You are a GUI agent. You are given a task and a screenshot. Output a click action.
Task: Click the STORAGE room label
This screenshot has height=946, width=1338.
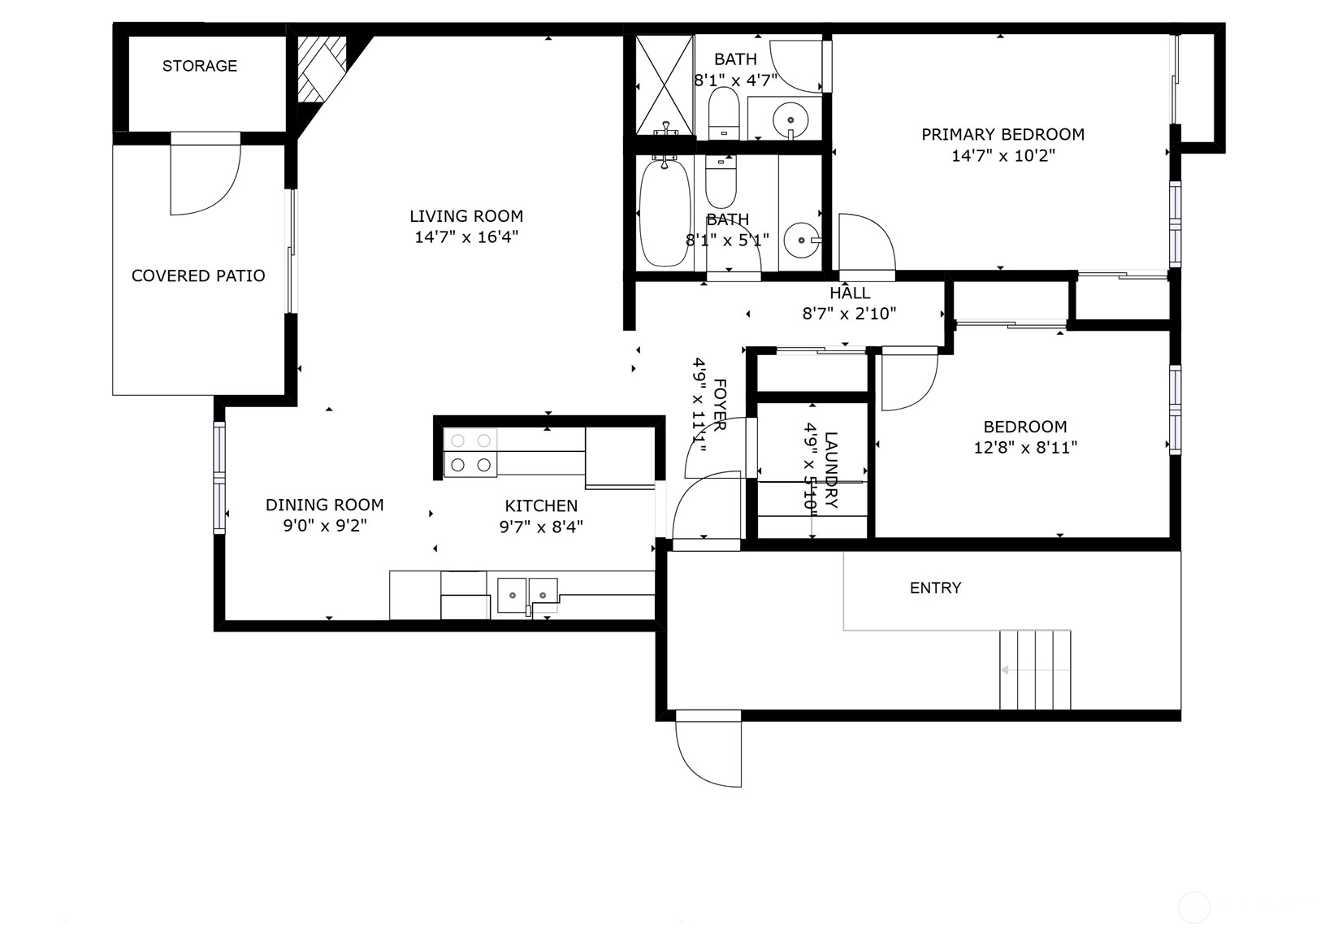click(x=200, y=66)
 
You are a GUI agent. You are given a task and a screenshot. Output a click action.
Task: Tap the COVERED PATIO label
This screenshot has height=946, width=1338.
click(x=198, y=276)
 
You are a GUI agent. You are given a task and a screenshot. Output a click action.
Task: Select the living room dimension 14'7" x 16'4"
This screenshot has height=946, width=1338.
click(x=466, y=237)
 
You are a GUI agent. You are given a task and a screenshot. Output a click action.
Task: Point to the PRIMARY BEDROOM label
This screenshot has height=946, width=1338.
click(x=1003, y=134)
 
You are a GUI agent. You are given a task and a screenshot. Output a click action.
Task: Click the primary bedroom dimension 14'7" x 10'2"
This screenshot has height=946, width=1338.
click(x=1003, y=156)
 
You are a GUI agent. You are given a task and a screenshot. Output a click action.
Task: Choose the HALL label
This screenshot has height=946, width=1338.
click(x=850, y=293)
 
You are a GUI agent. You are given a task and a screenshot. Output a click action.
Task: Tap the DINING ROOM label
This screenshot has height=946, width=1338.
click(x=324, y=505)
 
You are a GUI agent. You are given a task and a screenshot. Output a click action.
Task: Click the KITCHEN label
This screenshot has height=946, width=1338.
click(x=541, y=506)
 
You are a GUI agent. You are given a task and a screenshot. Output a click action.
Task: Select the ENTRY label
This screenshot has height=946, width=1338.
click(x=935, y=588)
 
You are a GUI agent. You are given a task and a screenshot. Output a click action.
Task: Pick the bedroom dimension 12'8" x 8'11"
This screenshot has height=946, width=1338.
click(x=1025, y=448)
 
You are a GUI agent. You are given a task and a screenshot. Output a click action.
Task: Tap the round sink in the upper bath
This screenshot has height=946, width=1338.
click(x=790, y=120)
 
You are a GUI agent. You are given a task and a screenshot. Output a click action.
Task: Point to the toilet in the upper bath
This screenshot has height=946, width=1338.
click(x=723, y=114)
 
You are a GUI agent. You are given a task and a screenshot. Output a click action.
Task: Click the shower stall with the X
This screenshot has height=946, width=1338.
click(x=665, y=85)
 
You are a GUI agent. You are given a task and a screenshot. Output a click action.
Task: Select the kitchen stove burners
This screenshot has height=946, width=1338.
click(x=470, y=453)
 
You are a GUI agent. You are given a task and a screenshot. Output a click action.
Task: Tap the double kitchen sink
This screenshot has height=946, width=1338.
click(x=527, y=595)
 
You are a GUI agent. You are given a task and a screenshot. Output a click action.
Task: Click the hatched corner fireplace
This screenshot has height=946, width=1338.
click(x=322, y=69)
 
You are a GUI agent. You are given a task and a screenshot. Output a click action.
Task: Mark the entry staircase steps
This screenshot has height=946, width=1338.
click(x=1035, y=670)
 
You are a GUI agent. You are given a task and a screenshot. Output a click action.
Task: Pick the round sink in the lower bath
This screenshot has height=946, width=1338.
click(x=801, y=241)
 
